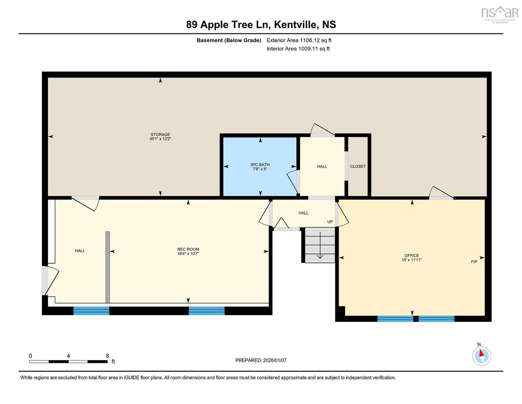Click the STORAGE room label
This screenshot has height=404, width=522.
click(x=160, y=135)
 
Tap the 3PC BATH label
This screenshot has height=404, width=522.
click(x=260, y=165)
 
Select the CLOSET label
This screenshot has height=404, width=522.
click(x=358, y=166)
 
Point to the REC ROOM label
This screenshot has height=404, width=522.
click(x=188, y=249)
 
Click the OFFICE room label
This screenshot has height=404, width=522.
click(x=411, y=256)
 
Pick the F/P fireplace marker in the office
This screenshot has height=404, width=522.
click(x=474, y=262)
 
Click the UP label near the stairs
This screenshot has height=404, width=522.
click(x=330, y=222)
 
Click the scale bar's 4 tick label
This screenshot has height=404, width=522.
click(x=68, y=356)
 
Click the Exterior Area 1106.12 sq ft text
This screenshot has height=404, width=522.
click(x=299, y=40)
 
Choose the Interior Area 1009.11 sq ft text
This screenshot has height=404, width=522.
click(x=298, y=49)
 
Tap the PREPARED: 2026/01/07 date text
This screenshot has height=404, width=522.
click(x=261, y=360)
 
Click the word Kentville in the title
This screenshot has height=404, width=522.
click(x=296, y=25)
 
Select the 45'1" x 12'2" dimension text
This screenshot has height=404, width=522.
click(x=160, y=139)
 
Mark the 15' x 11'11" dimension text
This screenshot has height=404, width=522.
click(x=411, y=260)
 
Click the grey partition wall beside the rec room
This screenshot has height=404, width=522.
click(x=107, y=267)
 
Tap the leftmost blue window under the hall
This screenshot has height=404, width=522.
click(x=91, y=311)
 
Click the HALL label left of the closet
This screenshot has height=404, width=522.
click(x=322, y=166)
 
